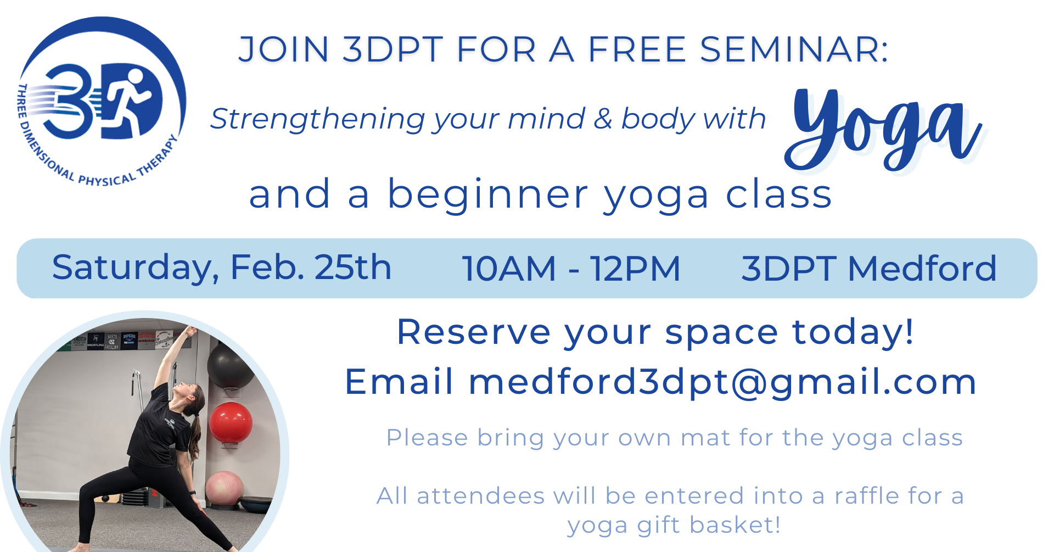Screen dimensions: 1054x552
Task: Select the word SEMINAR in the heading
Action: pyautogui.click(x=794, y=49)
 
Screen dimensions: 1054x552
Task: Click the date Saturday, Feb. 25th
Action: pyautogui.click(x=222, y=268)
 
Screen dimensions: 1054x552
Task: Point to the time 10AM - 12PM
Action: pyautogui.click(x=571, y=269)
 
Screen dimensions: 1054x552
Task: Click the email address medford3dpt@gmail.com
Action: pyautogui.click(x=722, y=382)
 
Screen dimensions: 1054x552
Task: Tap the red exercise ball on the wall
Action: pyautogui.click(x=231, y=422)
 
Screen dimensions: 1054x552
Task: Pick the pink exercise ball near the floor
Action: pyautogui.click(x=225, y=489)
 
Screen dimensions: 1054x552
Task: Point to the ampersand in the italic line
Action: pyautogui.click(x=602, y=119)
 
